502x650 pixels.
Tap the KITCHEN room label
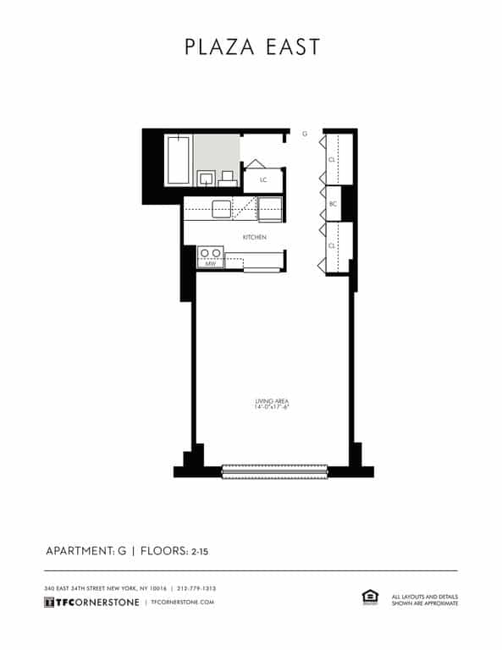tap(255, 237)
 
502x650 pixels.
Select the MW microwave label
tap(211, 264)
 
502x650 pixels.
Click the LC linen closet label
tap(263, 179)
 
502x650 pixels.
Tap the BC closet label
tap(333, 203)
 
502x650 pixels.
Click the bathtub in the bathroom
tap(178, 159)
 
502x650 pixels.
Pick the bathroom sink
tap(207, 178)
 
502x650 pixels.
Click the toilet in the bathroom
tap(227, 178)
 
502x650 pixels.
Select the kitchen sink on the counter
tap(222, 208)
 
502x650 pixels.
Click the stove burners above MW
tap(211, 252)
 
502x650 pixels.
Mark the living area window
tap(274, 471)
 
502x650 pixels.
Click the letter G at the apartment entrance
tap(305, 134)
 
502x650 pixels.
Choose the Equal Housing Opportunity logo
tap(369, 598)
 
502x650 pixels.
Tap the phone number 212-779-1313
tap(197, 588)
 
